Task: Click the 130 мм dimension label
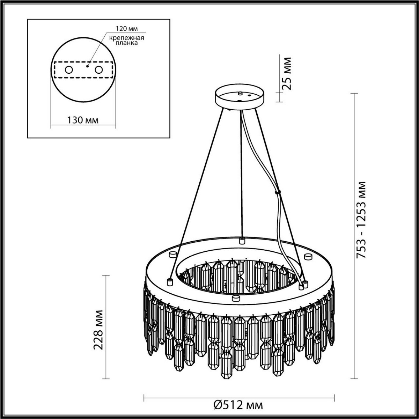(x=82, y=120)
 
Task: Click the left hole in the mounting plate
(x=68, y=70)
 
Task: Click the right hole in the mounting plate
(x=100, y=70)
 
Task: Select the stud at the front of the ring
(x=236, y=298)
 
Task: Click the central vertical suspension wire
(x=241, y=175)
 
